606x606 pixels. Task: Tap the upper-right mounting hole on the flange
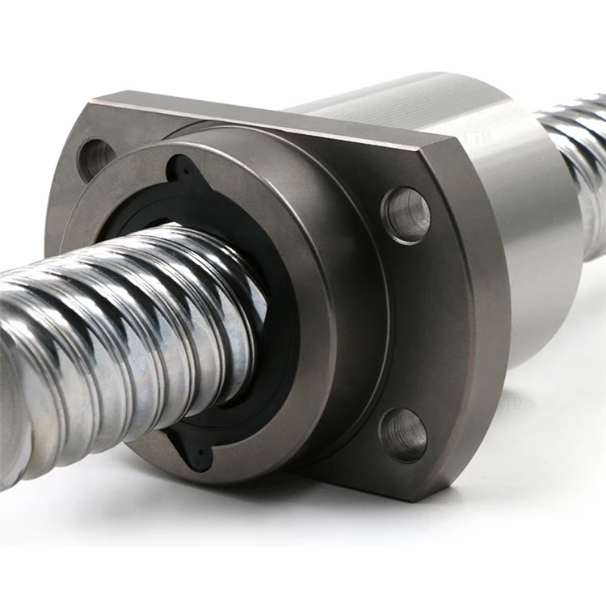[406, 214]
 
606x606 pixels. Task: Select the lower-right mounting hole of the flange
[402, 434]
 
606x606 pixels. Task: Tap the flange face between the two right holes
[420, 323]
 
